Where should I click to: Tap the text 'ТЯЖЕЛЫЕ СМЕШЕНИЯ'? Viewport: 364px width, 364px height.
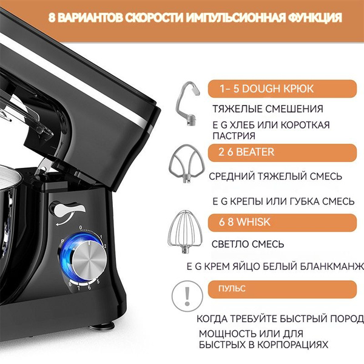coord(268,109)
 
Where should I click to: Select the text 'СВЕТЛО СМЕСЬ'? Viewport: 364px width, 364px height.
coord(248,244)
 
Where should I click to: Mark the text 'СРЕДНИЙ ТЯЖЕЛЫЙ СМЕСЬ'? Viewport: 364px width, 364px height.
coord(275,177)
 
